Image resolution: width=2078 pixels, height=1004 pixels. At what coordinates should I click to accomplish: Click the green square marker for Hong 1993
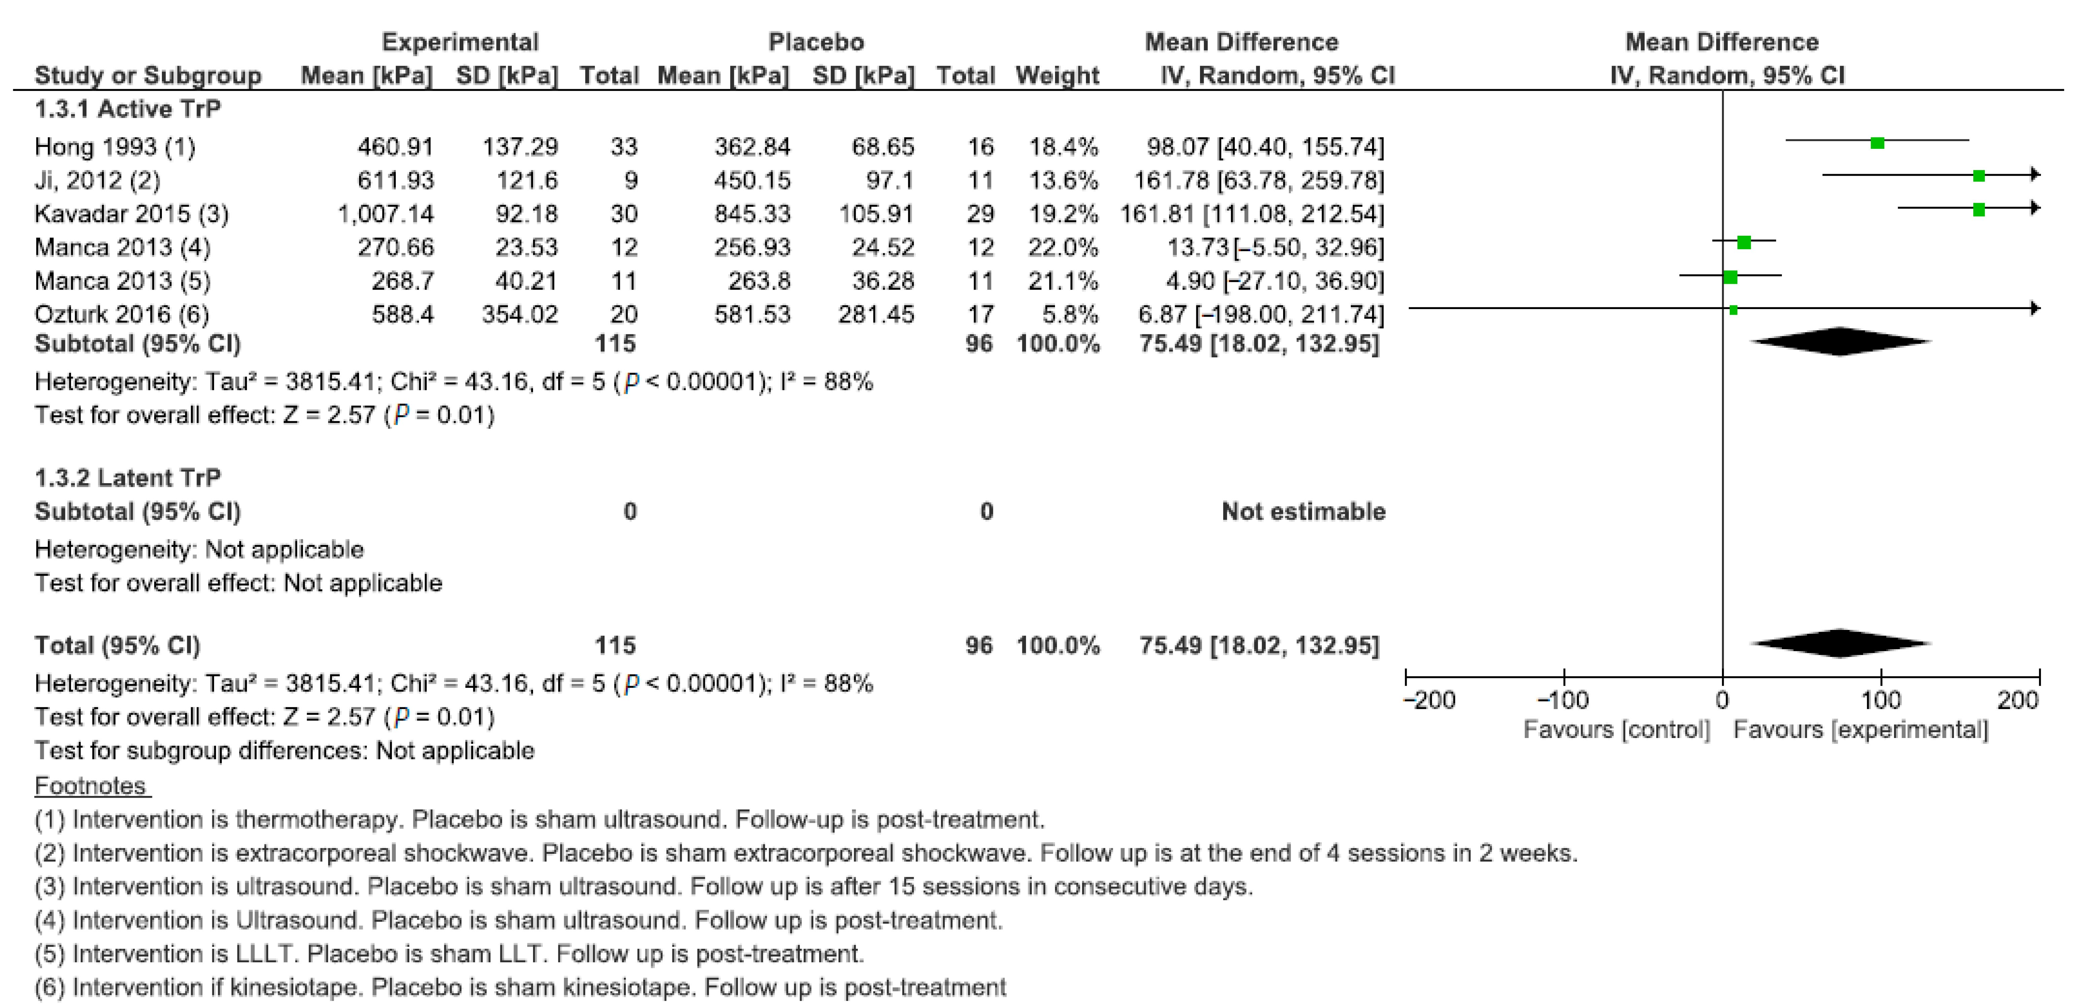coord(1877,143)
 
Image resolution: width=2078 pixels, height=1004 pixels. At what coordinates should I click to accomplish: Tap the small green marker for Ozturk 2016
coord(1733,309)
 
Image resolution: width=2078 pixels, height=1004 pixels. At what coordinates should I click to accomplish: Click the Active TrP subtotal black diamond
coord(1840,341)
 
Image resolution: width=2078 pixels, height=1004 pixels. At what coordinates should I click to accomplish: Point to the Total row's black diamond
coord(1840,643)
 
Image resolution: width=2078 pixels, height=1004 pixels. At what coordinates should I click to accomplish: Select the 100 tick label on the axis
coord(1880,700)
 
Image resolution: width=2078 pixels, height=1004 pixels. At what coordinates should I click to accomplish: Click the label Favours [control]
coord(1616,730)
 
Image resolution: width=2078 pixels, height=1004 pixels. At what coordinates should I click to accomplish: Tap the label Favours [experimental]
coord(1860,730)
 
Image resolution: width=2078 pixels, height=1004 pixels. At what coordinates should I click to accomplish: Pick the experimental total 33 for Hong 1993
coord(624,147)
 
